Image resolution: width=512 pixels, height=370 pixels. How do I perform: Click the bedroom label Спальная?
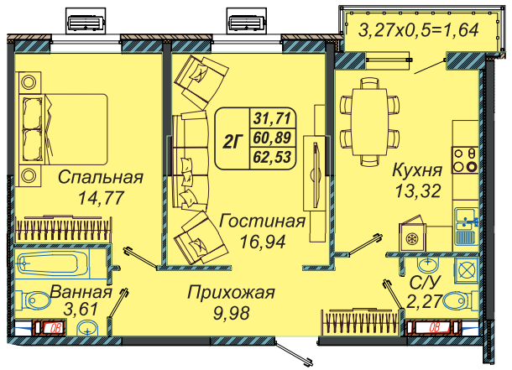click(101, 178)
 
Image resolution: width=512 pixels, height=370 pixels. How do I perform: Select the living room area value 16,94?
click(263, 242)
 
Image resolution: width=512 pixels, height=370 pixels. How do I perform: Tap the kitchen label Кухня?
click(417, 170)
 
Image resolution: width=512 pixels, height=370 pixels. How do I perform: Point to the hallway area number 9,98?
click(232, 313)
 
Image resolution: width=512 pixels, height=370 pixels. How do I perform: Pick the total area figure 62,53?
click(272, 157)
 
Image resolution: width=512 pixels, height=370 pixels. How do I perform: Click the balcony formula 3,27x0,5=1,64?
click(419, 30)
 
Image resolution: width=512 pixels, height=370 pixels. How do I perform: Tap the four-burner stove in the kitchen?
click(465, 160)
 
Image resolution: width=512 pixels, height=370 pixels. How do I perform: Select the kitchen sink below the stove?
click(467, 227)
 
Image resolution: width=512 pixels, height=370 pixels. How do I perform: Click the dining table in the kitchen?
click(369, 122)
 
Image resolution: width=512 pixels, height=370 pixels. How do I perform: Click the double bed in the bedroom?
click(63, 129)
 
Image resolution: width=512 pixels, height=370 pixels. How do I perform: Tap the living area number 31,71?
click(272, 118)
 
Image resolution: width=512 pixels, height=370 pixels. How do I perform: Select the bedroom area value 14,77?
click(102, 197)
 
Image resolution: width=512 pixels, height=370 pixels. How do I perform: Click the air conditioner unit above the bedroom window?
click(86, 22)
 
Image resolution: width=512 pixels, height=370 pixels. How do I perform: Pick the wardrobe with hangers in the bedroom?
click(63, 228)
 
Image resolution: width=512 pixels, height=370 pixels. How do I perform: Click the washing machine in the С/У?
click(467, 270)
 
